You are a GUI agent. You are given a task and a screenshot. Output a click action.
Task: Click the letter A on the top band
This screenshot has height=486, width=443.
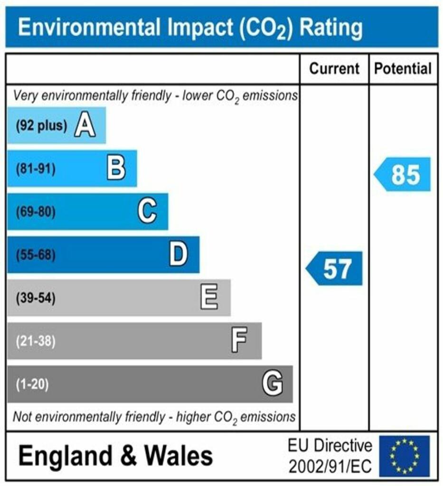(85, 126)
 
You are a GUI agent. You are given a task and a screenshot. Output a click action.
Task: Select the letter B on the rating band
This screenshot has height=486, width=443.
(116, 168)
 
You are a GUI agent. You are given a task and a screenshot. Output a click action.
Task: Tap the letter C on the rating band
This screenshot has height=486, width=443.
(147, 211)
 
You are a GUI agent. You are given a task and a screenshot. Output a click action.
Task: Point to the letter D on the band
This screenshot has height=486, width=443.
(179, 255)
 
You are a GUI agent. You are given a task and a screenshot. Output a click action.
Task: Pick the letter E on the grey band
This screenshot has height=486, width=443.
(209, 298)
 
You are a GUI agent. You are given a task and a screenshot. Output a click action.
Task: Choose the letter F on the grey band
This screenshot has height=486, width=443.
(239, 341)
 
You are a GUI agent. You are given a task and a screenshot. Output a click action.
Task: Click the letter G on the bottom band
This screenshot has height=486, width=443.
(273, 383)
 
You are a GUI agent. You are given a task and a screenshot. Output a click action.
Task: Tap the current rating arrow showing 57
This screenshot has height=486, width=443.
(334, 269)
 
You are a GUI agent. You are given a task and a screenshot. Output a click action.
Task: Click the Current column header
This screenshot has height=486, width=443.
(334, 69)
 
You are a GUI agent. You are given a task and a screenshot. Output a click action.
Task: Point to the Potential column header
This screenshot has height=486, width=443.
(403, 69)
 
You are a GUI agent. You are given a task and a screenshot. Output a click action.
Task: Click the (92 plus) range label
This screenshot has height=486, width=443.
(41, 126)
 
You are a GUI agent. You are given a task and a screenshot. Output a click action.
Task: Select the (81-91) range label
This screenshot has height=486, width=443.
(36, 169)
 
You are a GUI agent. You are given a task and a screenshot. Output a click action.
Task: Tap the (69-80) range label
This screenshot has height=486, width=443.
(36, 212)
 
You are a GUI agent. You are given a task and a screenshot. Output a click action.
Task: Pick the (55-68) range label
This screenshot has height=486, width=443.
(36, 255)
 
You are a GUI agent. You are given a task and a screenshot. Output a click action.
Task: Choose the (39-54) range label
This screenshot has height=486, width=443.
(36, 299)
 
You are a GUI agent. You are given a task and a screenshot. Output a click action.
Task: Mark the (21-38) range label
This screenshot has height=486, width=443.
(36, 341)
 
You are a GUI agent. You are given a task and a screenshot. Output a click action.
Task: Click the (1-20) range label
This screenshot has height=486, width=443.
(32, 384)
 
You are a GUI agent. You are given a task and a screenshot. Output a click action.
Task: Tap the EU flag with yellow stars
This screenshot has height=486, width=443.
(404, 456)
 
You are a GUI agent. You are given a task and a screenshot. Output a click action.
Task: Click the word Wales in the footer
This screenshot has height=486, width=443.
(179, 456)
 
